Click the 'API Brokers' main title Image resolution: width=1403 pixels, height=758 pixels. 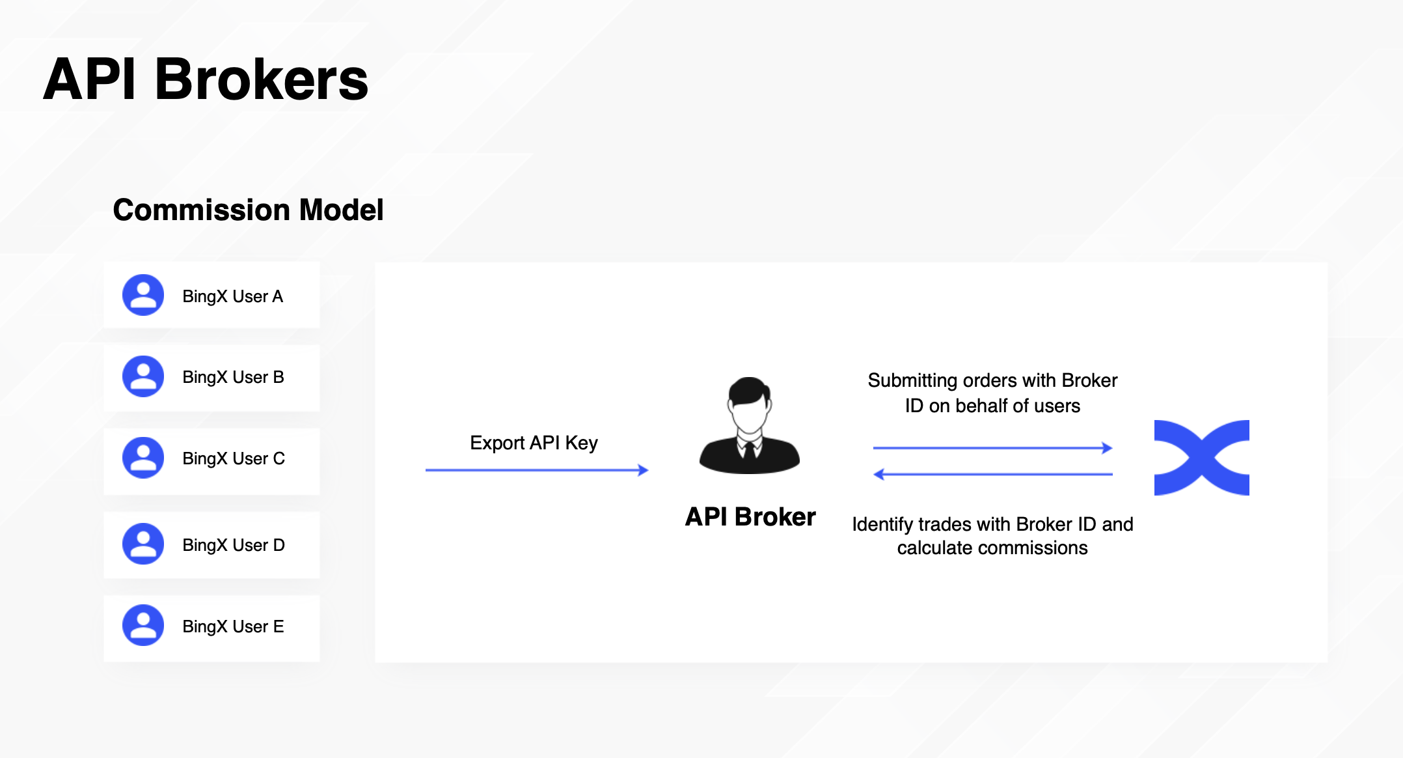206,79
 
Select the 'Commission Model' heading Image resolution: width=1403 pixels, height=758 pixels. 248,210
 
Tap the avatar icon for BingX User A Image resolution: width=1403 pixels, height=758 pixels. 143,295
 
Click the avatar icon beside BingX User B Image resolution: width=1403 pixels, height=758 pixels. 143,376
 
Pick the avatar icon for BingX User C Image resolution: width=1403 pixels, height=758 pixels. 143,458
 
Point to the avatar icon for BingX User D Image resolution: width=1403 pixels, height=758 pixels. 143,544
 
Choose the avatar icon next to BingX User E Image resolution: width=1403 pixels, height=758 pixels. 143,625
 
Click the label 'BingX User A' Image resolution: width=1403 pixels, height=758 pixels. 233,296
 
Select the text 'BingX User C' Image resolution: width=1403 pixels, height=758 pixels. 234,458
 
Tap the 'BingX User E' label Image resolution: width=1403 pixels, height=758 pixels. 233,626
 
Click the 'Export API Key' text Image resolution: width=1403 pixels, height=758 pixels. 534,443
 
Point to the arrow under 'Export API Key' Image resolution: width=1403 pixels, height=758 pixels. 537,470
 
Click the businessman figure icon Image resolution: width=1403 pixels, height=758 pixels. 750,425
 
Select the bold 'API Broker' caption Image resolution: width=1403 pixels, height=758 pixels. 750,516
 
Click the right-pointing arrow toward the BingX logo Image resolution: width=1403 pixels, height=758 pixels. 993,448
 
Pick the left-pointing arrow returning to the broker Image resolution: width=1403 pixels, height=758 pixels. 993,474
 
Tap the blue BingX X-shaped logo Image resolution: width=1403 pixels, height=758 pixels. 1201,458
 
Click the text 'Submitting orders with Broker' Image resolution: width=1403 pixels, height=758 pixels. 992,380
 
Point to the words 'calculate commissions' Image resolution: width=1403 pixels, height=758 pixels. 992,548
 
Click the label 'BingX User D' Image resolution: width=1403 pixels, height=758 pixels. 234,545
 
